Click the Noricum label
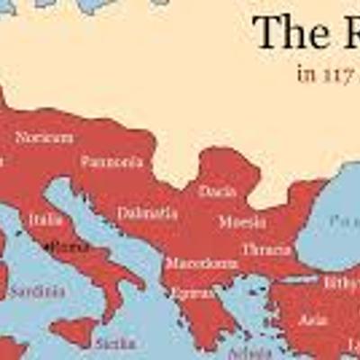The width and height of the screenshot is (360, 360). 44,138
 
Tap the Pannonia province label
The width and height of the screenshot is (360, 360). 112,162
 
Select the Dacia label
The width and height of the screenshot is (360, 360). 217,192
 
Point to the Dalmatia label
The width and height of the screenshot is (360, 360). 147,214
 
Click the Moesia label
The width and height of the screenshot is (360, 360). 241,221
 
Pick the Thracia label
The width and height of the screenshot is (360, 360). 265,249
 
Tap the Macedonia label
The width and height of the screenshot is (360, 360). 202,264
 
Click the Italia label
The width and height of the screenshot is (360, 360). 45,220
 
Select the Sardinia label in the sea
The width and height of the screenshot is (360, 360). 36,292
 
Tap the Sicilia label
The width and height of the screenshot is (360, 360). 114,343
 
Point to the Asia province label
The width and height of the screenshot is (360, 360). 313,319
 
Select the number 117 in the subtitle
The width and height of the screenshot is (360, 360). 337,74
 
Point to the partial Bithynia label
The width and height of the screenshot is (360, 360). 341,283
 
